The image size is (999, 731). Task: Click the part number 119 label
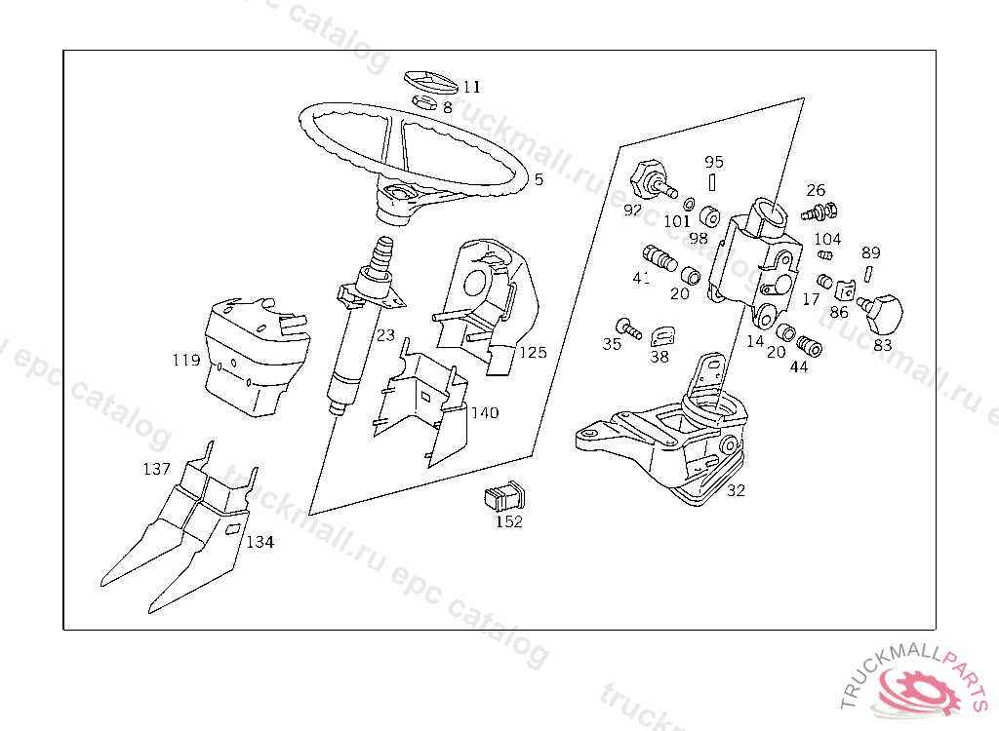186,361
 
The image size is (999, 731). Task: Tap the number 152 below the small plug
508,521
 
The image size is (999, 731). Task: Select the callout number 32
736,490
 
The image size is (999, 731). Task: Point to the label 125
533,353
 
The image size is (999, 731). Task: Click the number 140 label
485,413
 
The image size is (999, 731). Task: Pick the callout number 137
156,469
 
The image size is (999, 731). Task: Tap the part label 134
260,542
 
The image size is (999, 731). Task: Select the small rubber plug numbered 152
503,496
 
